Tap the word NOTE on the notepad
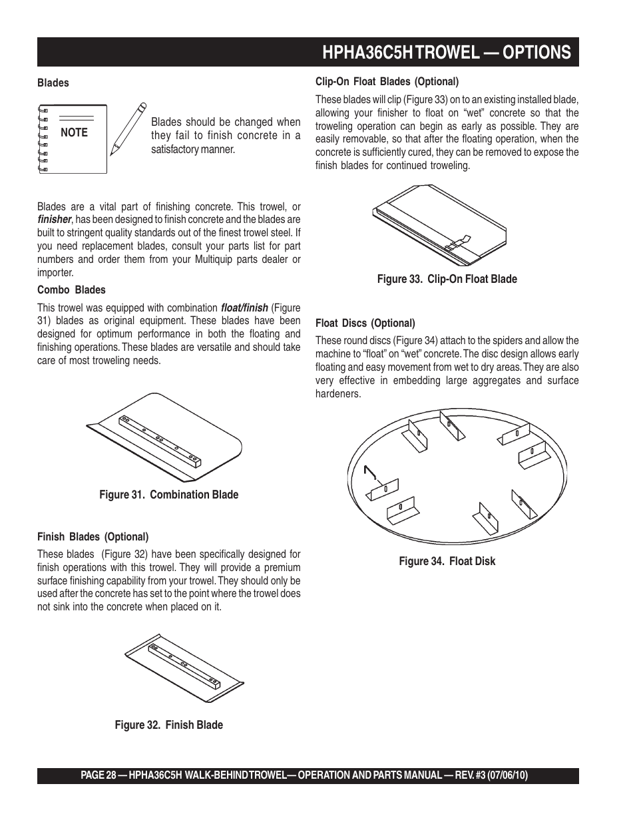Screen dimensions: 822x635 point(74,132)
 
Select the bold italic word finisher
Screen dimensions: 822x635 point(54,220)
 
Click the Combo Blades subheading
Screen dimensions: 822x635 point(71,290)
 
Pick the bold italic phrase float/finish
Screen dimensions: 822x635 point(244,308)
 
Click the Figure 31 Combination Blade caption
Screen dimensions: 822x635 point(168,495)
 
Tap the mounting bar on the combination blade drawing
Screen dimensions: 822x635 point(159,439)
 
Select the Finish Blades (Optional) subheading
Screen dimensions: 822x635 point(93,537)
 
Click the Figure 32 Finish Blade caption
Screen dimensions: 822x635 point(168,725)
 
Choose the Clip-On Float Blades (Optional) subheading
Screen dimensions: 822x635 point(387,82)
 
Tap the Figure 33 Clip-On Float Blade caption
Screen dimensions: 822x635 point(447,279)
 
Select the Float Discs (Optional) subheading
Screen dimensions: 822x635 point(365,323)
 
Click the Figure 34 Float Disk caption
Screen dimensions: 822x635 point(447,561)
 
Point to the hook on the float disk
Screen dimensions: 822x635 point(370,473)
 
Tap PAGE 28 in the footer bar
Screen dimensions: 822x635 point(98,775)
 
